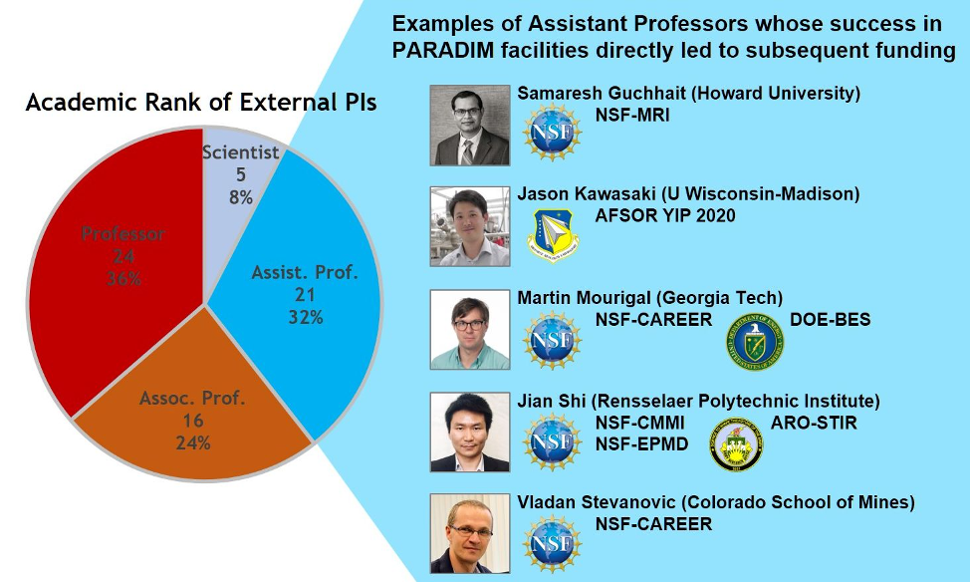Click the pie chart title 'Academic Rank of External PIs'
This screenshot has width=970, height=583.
pos(201,102)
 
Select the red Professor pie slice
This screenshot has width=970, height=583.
pos(118,260)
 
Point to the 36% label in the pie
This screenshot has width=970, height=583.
pos(123,278)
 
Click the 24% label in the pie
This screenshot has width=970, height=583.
pos(193,443)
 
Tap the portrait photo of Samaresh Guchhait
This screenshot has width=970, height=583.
pos(470,126)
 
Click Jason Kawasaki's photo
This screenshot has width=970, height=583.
pos(470,226)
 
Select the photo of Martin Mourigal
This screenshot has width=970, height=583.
pos(470,329)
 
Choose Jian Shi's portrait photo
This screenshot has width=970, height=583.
pos(470,432)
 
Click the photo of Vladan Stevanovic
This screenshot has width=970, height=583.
pos(470,533)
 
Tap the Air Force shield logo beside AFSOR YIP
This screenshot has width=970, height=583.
pos(553,235)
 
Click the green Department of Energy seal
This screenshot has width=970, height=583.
pos(755,342)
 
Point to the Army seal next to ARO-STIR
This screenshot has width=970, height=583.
pos(736,444)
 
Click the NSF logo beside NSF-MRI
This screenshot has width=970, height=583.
pos(552,133)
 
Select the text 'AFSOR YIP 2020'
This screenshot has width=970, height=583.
pos(665,216)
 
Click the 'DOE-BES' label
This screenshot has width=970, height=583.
pos(831,319)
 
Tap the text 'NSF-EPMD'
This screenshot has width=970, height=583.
pos(641,443)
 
